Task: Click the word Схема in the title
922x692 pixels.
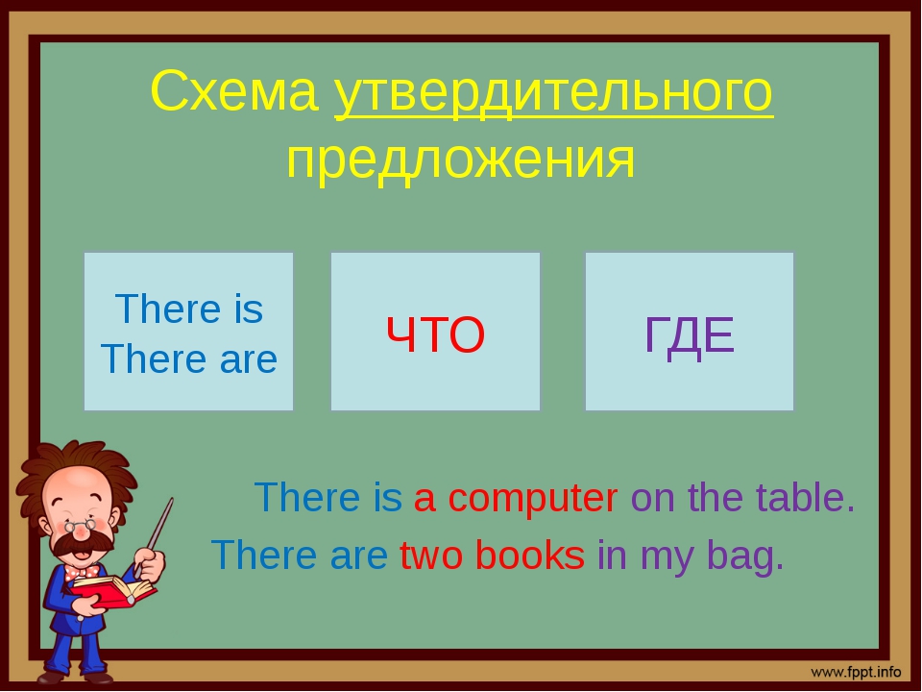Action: [234, 91]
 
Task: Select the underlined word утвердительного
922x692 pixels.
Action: [554, 95]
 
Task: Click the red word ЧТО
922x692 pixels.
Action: [435, 334]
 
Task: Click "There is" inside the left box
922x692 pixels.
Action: [189, 309]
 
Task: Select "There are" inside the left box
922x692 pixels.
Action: [189, 358]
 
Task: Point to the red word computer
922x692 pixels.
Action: [533, 499]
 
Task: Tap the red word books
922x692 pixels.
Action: [529, 555]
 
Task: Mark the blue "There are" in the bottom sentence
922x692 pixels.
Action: [300, 555]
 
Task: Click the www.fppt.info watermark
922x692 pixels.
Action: [856, 672]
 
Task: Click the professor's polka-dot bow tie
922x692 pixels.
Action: [81, 571]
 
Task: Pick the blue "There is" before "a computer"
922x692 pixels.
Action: [328, 497]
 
